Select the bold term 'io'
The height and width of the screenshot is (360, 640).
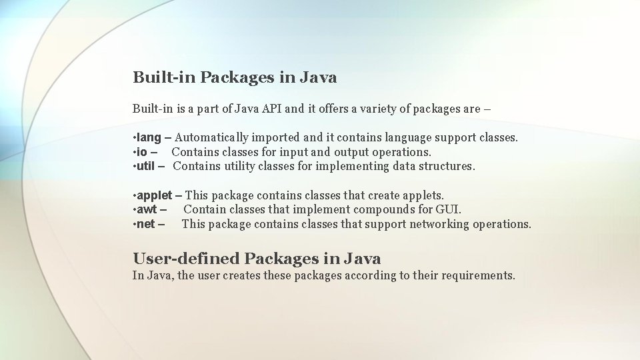point(142,152)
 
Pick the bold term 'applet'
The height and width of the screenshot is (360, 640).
point(154,195)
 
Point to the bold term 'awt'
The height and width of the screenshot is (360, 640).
point(146,210)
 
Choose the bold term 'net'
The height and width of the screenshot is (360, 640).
point(145,224)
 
